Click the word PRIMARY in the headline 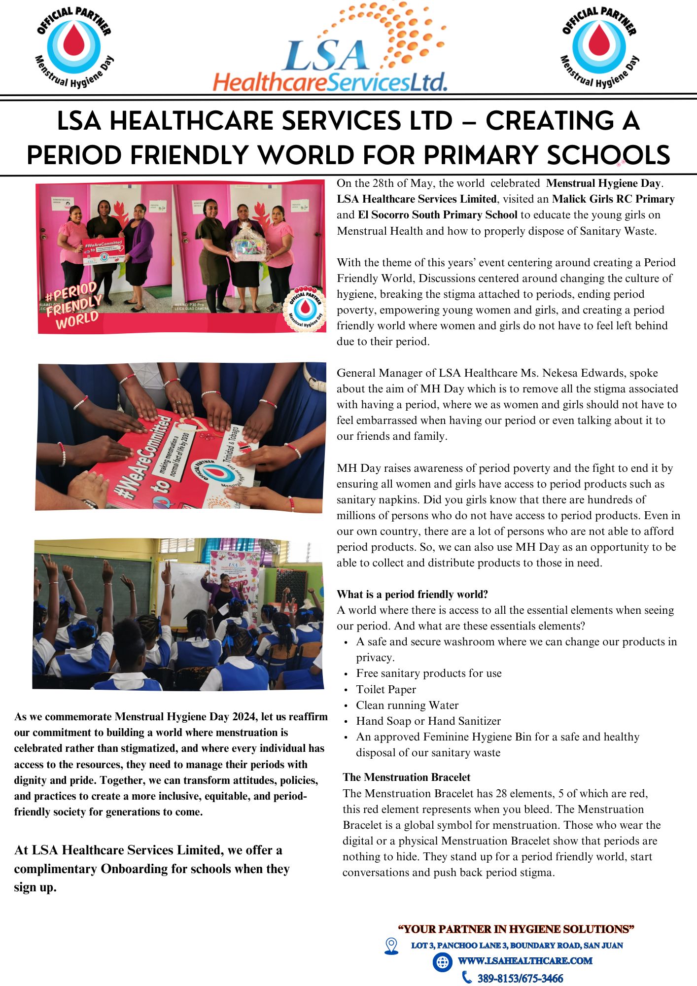[x=481, y=156]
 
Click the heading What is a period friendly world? [x=412, y=594]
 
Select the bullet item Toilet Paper [x=386, y=689]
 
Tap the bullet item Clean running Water [x=407, y=705]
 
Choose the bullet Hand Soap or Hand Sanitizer [x=428, y=721]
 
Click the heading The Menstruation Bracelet [x=406, y=777]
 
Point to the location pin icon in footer [x=391, y=946]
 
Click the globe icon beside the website [x=442, y=961]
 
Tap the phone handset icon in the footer [x=466, y=977]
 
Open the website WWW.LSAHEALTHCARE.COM [x=525, y=961]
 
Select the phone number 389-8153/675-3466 [x=520, y=978]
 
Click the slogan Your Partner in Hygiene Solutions [x=516, y=929]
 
